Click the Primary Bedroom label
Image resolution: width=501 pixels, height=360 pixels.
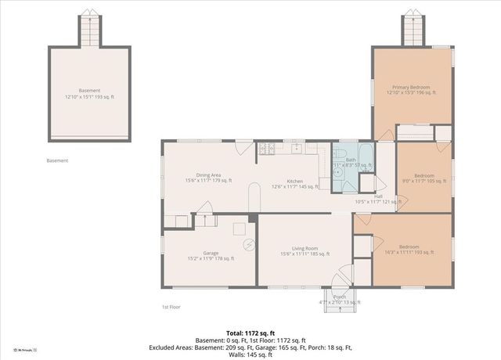coord(411,89)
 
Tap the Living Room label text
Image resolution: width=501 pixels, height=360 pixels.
coord(305,250)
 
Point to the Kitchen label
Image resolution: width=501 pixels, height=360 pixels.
coord(294,182)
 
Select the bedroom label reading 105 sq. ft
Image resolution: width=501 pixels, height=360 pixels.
coord(424,178)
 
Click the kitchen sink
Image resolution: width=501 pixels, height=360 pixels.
coord(297,148)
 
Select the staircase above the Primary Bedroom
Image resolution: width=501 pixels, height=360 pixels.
coord(413,31)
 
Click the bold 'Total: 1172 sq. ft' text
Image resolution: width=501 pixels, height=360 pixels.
coord(250,332)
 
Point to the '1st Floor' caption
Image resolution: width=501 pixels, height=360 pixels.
coord(171,307)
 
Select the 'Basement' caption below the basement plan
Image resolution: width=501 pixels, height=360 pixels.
coord(57,160)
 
